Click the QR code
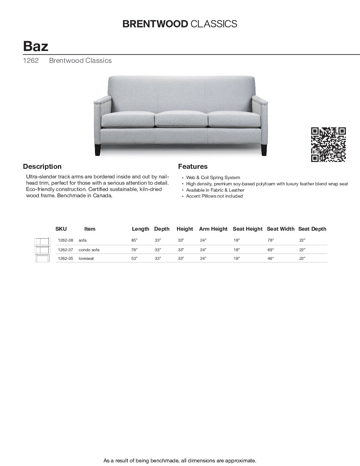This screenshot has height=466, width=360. coord(328,144)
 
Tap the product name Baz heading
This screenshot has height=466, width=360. coord(36,46)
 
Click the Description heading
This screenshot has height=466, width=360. coord(42,166)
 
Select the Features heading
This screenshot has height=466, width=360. coord(193,166)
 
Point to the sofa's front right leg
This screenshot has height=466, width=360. coord(264,150)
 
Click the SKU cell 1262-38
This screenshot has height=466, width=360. coord(65,240)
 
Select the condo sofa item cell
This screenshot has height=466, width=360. coord(89,250)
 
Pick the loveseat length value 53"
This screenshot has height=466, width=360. coord(134,258)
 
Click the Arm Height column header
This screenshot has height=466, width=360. coord(213,229)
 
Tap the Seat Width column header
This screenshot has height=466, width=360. coord(280,229)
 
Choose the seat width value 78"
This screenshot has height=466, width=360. coord(271,240)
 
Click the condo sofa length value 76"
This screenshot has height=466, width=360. coord(134,250)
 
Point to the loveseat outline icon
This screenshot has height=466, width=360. coord(42,258)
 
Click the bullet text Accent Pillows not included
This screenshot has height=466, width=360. coord(214,196)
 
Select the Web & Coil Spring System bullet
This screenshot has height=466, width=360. coord(213,178)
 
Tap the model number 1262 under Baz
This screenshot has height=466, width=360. coord(31,61)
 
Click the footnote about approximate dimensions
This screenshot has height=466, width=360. coord(180,460)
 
